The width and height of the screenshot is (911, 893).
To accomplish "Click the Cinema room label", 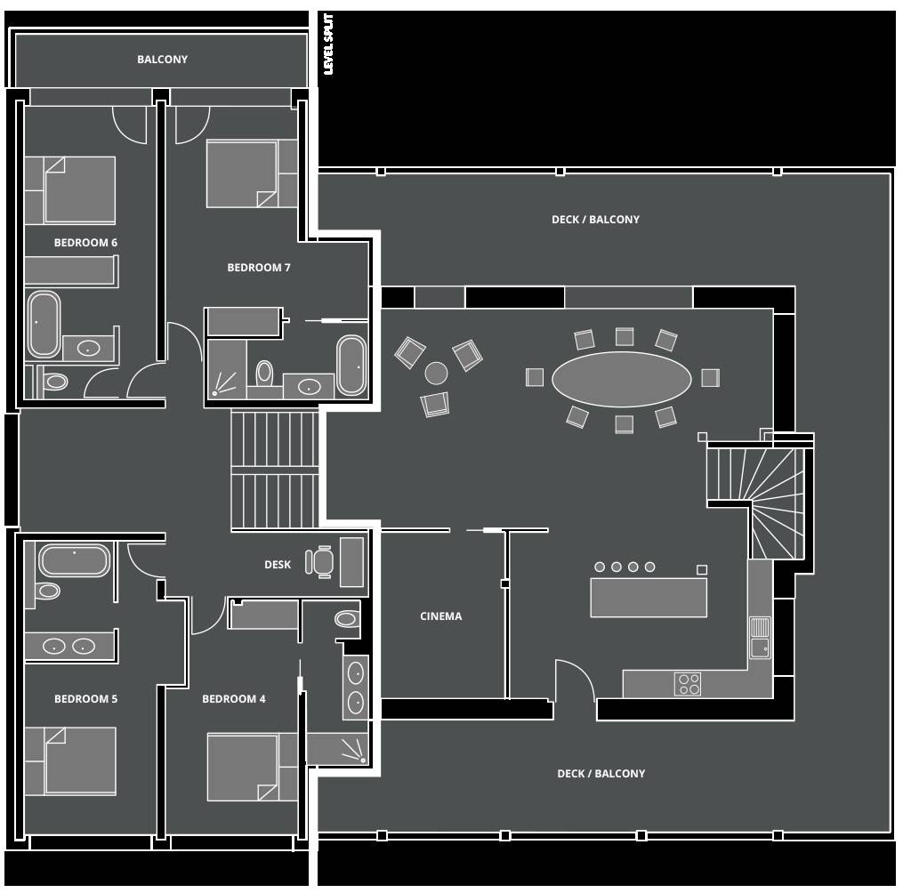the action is point(441,616).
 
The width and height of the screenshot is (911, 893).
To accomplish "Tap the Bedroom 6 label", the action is point(85,243).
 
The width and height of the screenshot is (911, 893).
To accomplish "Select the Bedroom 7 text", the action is point(259,268).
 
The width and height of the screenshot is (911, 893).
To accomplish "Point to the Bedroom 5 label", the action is point(85,699).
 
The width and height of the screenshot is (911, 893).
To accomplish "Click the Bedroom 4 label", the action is point(234,699).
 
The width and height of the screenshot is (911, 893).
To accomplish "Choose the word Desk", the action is point(278,565).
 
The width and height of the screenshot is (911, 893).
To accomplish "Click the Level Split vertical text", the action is point(328,44).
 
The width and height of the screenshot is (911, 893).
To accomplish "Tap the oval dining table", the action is point(621,380).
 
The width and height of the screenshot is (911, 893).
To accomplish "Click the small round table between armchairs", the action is point(436,373).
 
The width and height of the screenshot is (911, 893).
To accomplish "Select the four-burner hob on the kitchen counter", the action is point(688,684).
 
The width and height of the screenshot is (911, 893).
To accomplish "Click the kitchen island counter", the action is point(649,598).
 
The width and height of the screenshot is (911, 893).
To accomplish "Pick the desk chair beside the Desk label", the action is point(319,562).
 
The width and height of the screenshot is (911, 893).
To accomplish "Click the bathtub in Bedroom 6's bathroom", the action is point(44,324).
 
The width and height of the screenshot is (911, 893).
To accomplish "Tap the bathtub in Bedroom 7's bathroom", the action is point(351,365).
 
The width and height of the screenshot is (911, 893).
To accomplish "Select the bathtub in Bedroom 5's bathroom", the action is point(74,560).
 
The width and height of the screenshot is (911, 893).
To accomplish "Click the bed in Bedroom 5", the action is point(70,761).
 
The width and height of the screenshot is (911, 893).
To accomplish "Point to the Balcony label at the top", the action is point(162,60).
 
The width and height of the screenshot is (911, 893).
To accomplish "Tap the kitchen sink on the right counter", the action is point(760,638).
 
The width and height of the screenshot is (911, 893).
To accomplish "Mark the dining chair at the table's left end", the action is point(535,377).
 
